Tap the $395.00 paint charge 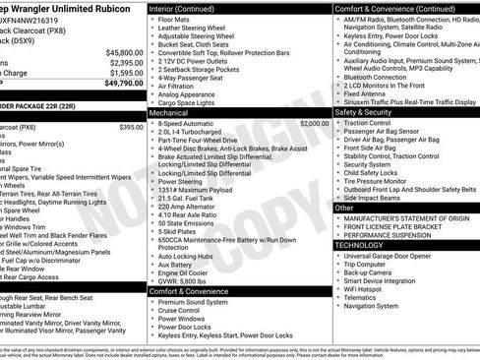131,127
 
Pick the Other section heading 345,209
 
